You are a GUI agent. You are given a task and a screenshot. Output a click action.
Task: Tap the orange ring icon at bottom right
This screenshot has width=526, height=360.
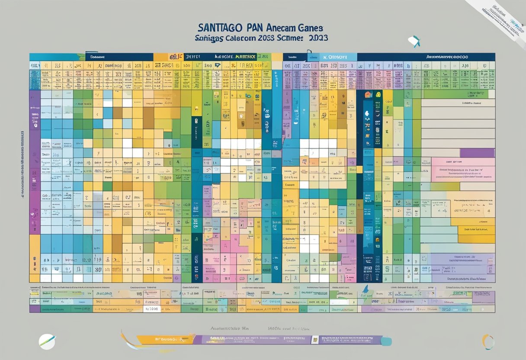[x=488, y=341]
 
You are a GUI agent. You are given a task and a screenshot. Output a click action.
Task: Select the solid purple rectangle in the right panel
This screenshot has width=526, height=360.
[x=477, y=153]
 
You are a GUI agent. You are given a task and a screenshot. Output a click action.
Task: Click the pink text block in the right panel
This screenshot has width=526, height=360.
[x=463, y=169]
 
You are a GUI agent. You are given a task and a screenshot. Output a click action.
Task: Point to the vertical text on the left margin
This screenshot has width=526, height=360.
[x=22, y=164]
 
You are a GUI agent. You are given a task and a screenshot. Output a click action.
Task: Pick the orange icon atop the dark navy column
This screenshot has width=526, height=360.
[x=367, y=94]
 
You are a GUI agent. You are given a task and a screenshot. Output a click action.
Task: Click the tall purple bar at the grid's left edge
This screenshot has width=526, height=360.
[x=35, y=164]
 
